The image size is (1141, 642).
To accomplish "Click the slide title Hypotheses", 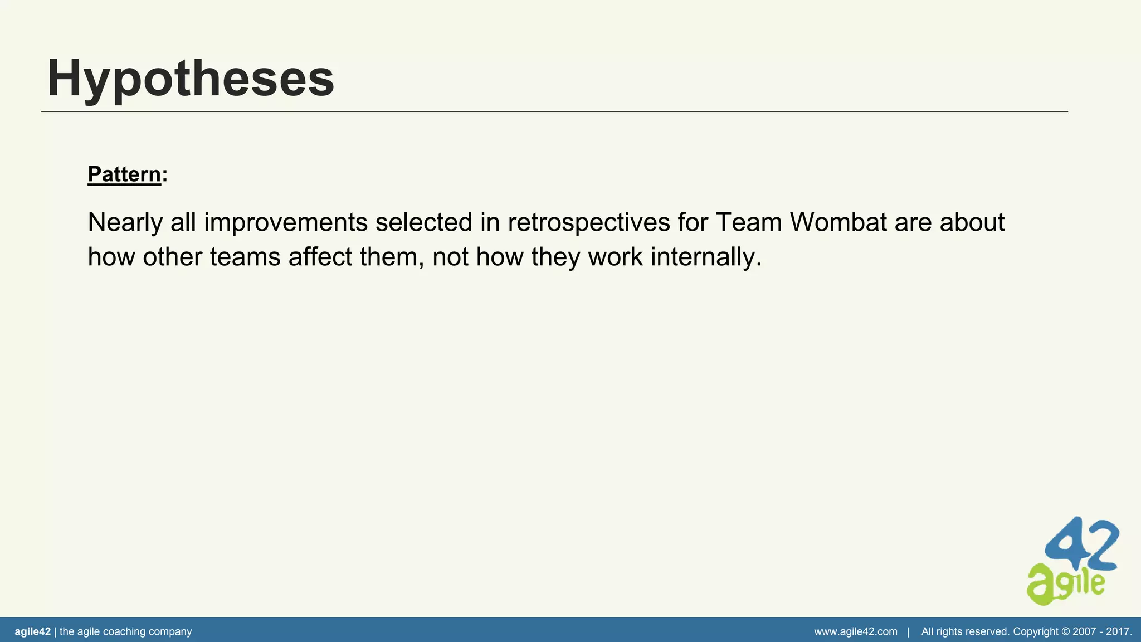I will click(x=191, y=79).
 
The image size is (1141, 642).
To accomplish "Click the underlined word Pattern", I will click(x=124, y=174).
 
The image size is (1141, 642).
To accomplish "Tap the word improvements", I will click(x=285, y=222).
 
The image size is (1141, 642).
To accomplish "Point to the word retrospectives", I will click(x=589, y=222).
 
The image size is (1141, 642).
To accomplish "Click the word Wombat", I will click(x=838, y=222).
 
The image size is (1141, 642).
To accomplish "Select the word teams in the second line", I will click(x=245, y=257).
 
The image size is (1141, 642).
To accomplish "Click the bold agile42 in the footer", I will click(x=32, y=631).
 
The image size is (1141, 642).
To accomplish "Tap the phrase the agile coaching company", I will click(x=125, y=631).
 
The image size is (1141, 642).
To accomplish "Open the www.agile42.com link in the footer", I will click(x=856, y=631).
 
